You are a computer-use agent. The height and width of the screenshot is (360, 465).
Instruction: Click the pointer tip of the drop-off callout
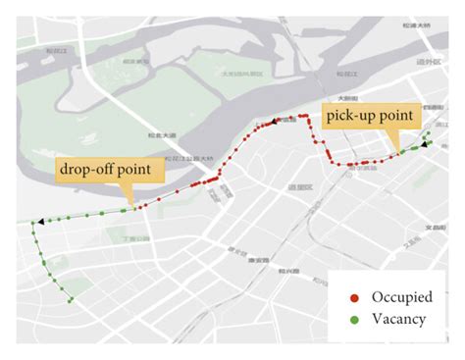133,208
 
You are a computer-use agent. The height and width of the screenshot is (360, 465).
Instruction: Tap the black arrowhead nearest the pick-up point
423,144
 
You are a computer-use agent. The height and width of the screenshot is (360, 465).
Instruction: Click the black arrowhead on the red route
263,122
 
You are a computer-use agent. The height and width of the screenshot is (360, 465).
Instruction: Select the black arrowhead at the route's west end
40,223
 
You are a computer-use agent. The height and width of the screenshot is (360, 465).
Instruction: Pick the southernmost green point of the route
72,300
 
